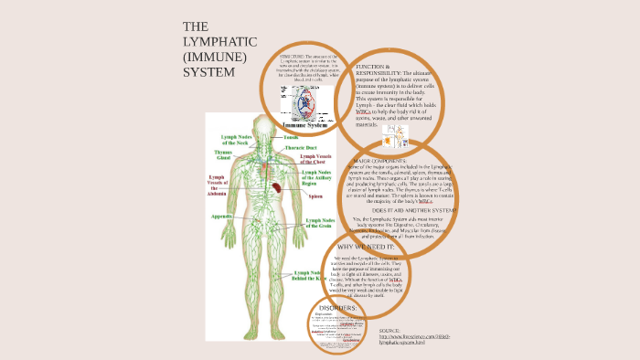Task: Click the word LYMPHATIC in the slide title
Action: pos(219,42)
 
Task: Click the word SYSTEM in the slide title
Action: pos(208,72)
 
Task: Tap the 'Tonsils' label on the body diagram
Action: pos(291,137)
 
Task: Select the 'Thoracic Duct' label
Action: pos(301,146)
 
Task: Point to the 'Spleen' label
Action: pos(315,196)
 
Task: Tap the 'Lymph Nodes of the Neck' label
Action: pos(229,139)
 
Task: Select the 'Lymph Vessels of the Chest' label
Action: pos(320,159)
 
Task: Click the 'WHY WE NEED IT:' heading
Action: pos(366,247)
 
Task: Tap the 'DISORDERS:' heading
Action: pos(337,309)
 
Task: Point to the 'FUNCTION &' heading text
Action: pos(373,68)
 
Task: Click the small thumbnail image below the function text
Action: pos(398,137)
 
